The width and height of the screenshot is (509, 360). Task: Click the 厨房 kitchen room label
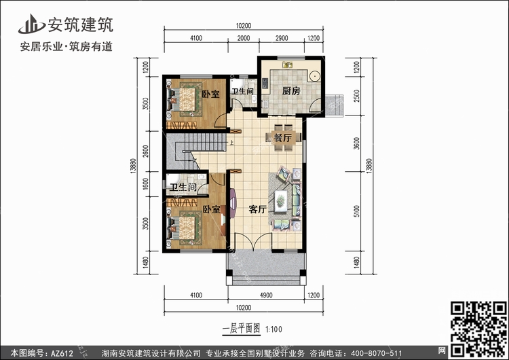click(x=291, y=91)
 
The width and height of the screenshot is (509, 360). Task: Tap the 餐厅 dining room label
click(x=283, y=138)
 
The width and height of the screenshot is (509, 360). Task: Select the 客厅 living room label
click(x=258, y=210)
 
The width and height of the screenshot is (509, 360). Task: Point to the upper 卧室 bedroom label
click(x=210, y=94)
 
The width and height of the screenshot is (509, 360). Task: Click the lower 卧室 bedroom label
click(x=212, y=209)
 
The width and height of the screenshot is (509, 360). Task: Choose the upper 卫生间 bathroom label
click(x=242, y=91)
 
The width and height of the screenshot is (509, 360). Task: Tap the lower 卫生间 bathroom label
click(x=183, y=187)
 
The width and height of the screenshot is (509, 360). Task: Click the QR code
click(x=478, y=329)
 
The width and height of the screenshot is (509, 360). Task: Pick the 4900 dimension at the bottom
click(x=266, y=295)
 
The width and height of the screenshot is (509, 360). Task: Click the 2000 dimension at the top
click(x=244, y=38)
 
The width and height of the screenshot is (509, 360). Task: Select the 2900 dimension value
click(x=282, y=38)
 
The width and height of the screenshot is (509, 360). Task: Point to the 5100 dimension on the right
click(x=357, y=211)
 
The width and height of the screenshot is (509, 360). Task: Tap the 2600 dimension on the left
click(x=146, y=151)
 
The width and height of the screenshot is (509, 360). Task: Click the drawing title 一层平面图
click(x=241, y=329)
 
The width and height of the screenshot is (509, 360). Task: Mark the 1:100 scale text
click(x=274, y=329)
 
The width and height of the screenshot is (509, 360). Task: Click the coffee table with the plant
click(x=280, y=202)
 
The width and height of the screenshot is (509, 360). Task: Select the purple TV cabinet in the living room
click(x=233, y=202)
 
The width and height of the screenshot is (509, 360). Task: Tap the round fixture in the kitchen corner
click(x=314, y=76)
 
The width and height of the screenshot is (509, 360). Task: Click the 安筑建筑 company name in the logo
click(x=81, y=24)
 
